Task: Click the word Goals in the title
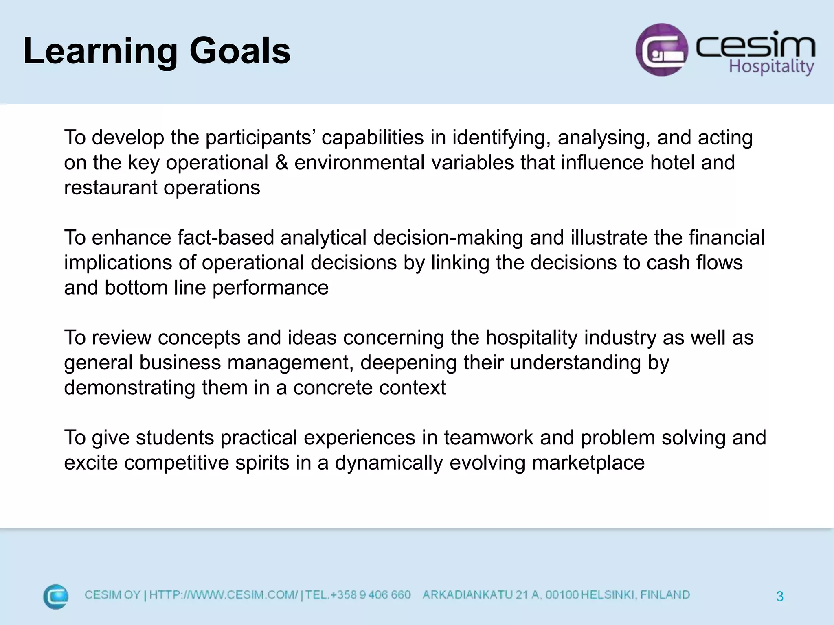pos(240,51)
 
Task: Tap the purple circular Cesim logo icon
pos(662,50)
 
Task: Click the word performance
pos(270,288)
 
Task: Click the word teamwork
pos(488,438)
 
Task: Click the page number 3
pos(779,597)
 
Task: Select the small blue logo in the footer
pos(56,597)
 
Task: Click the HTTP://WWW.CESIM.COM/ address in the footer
pos(224,595)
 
